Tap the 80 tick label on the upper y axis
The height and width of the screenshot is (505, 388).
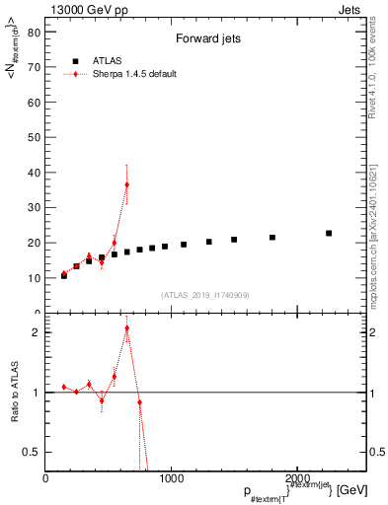tap(35, 32)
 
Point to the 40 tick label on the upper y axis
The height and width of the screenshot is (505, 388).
tap(35, 173)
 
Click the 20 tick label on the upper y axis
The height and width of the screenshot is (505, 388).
tap(35, 243)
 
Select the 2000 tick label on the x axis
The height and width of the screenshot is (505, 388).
tap(297, 478)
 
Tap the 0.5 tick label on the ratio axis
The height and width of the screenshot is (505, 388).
tap(32, 452)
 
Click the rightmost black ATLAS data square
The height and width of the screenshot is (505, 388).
tap(329, 234)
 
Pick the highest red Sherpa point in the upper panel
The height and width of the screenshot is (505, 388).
tap(126, 184)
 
